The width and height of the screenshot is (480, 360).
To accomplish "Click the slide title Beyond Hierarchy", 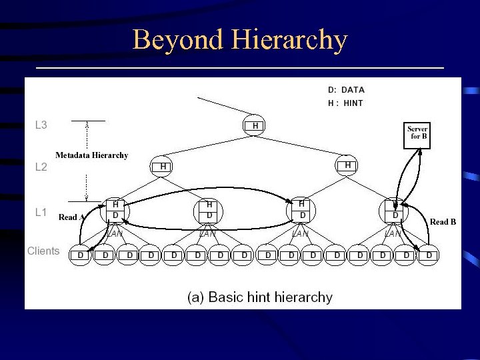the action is click(x=240, y=40).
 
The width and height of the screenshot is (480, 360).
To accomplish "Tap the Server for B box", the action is click(x=418, y=135).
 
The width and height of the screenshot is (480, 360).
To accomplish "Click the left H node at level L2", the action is click(x=163, y=166).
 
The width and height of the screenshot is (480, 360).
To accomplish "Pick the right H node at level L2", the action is click(x=347, y=165).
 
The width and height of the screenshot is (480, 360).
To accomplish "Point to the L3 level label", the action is click(x=41, y=125).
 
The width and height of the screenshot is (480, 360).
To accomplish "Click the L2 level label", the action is click(x=41, y=167).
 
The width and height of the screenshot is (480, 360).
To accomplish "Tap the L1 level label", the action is click(x=41, y=212).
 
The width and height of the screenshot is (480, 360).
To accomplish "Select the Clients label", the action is click(x=43, y=251).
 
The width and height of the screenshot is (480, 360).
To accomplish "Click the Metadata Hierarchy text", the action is click(x=91, y=155).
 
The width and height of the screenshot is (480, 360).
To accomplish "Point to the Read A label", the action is click(x=71, y=217).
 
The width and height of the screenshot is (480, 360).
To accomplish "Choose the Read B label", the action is click(x=443, y=222).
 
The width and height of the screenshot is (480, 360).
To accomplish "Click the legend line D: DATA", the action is click(x=346, y=90).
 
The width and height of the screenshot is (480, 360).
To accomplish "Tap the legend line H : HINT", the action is click(x=345, y=103).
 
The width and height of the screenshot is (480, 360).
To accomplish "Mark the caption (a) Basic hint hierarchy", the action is click(x=259, y=297).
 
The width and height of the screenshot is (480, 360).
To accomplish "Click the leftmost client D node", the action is click(x=81, y=255).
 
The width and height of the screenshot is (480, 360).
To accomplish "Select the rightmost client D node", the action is click(x=429, y=255).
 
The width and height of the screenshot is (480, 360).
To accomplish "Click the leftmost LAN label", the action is click(x=115, y=234).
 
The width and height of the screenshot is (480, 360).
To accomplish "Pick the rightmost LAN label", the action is click(x=393, y=234).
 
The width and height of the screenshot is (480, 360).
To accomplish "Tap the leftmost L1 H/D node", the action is click(x=115, y=210).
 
